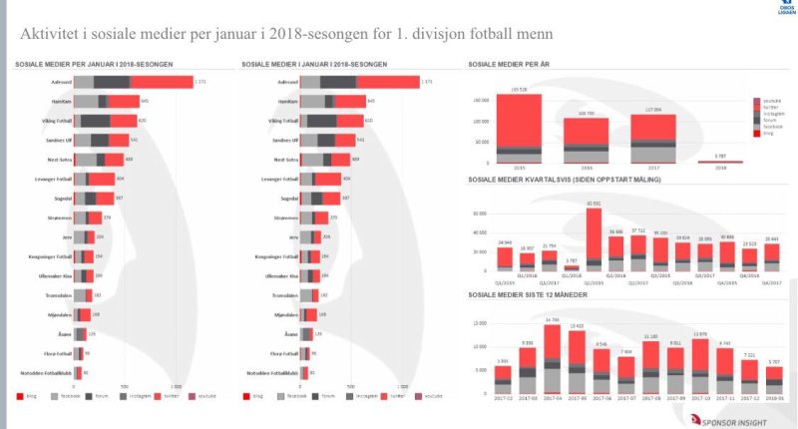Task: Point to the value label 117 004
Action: [653, 110]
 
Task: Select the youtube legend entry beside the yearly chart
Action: [769, 101]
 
